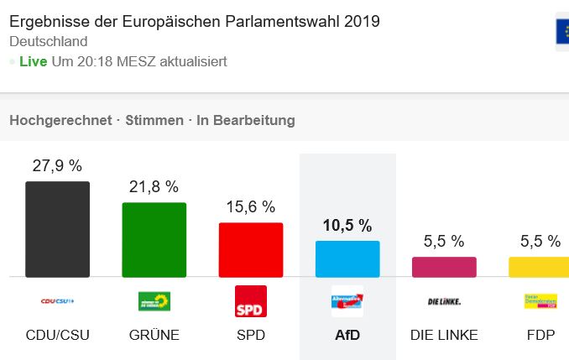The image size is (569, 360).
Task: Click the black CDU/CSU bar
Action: [57, 229]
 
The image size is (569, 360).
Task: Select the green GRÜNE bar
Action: [154, 239]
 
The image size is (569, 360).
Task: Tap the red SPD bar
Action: [251, 249]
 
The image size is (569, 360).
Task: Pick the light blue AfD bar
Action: [347, 258]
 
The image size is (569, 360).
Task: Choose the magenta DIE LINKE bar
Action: [444, 267]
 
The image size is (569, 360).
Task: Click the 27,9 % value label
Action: [57, 166]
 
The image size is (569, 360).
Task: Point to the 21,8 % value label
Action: [154, 186]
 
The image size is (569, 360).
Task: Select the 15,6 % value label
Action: [251, 206]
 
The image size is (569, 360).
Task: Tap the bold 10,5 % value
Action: [347, 225]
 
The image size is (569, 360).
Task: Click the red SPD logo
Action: [251, 301]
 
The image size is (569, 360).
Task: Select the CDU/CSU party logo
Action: [57, 301]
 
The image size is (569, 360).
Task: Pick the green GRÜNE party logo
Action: [154, 301]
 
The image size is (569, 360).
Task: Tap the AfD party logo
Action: [347, 301]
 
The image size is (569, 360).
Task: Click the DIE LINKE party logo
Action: [444, 301]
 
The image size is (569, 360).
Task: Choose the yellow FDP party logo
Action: [540, 301]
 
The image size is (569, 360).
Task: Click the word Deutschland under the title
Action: [49, 41]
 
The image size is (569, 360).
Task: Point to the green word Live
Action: [33, 61]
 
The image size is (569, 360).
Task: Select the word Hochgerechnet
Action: [60, 120]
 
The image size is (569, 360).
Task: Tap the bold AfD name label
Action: [347, 335]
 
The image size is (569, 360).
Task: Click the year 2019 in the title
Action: [360, 20]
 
